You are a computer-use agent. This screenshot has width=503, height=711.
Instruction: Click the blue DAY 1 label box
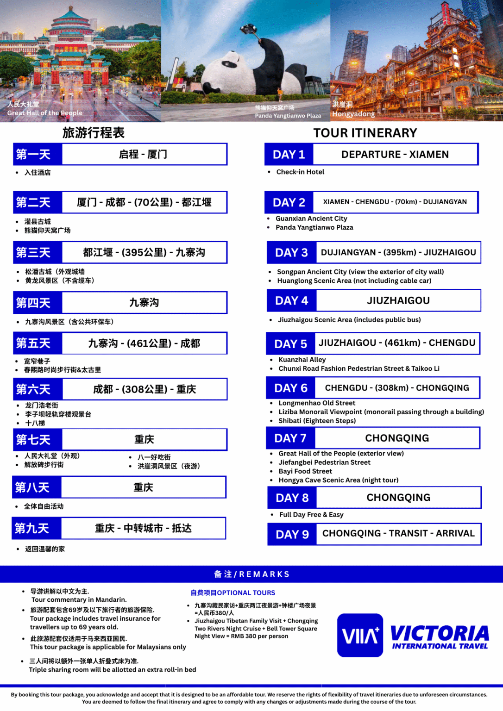click(x=289, y=155)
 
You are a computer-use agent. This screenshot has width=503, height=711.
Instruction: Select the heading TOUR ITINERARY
click(x=365, y=133)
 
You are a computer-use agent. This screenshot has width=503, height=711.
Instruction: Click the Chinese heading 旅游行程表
click(x=94, y=133)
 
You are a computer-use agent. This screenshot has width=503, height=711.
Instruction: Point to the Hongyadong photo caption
click(x=353, y=114)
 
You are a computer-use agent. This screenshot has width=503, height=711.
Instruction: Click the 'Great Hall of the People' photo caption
click(x=45, y=113)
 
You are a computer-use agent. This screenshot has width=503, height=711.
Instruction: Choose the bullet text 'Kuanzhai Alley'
click(x=302, y=360)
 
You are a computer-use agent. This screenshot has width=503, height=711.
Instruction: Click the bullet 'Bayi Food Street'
click(x=305, y=471)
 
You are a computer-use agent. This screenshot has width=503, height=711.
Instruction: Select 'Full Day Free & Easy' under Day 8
click(x=311, y=515)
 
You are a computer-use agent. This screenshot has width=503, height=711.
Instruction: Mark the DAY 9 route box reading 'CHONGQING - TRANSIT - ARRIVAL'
click(x=398, y=534)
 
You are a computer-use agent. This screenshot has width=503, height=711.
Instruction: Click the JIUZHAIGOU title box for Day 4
click(x=398, y=301)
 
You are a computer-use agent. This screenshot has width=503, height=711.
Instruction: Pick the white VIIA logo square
click(x=360, y=635)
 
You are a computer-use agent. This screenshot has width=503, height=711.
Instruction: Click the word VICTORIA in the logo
click(x=440, y=633)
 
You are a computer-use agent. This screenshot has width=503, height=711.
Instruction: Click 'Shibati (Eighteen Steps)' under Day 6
click(x=317, y=421)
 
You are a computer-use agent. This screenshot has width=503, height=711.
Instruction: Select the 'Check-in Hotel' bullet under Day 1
click(x=300, y=172)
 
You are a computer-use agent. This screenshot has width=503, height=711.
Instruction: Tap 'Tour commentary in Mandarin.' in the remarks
click(x=79, y=600)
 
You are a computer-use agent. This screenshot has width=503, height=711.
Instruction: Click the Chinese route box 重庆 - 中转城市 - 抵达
click(x=144, y=529)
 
